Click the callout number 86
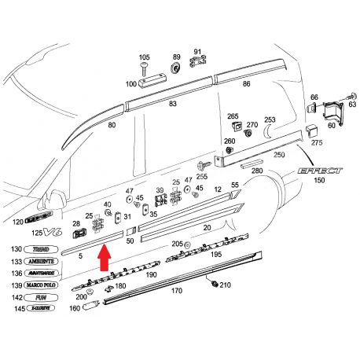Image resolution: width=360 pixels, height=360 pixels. [246, 83]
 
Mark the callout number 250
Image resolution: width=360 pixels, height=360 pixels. [278, 155]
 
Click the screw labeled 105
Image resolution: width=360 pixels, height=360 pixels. [144, 71]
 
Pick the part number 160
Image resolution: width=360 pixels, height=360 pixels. [75, 309]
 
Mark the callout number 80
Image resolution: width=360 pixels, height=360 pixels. [112, 124]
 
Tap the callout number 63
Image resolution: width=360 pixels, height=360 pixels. [352, 104]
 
